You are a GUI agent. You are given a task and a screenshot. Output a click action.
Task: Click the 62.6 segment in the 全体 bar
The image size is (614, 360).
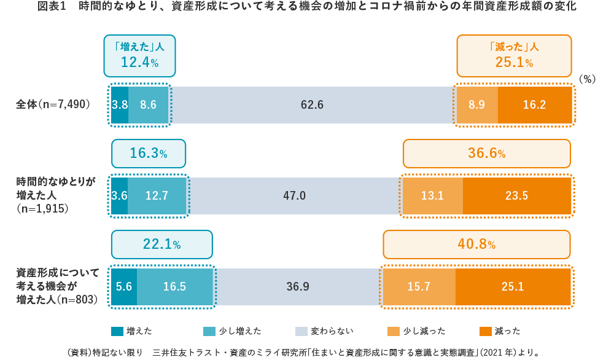(312, 105)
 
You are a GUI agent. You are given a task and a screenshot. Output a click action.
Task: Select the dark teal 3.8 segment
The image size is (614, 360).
(120, 105)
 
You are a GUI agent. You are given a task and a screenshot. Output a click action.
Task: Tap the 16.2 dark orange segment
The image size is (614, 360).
(534, 105)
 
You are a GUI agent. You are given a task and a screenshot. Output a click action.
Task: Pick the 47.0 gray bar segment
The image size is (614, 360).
(294, 196)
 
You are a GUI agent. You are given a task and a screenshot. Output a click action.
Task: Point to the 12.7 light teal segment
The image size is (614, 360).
(157, 196)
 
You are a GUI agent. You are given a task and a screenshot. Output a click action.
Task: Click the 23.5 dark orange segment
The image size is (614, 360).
(516, 196)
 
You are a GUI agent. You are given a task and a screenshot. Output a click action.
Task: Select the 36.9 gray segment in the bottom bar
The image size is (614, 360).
(298, 287)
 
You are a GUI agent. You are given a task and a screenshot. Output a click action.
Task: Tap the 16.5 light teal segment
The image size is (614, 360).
(174, 287)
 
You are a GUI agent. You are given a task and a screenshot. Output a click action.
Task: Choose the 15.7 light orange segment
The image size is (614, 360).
(419, 287)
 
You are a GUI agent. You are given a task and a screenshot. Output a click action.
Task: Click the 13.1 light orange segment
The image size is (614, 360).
(432, 196)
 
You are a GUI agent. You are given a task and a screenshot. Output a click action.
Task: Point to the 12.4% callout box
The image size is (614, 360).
(139, 55)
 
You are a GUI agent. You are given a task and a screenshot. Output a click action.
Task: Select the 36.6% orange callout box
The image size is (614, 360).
(486, 154)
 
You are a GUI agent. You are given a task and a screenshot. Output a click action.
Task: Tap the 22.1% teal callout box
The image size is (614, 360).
(161, 245)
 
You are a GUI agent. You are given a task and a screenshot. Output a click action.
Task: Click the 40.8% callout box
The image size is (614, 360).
(476, 245)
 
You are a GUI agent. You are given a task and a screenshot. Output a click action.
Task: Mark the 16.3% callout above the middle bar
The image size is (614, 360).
(148, 154)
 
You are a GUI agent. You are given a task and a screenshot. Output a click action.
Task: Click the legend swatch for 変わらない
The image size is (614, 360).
(301, 331)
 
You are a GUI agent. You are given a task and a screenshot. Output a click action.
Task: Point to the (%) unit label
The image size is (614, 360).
(588, 79)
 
